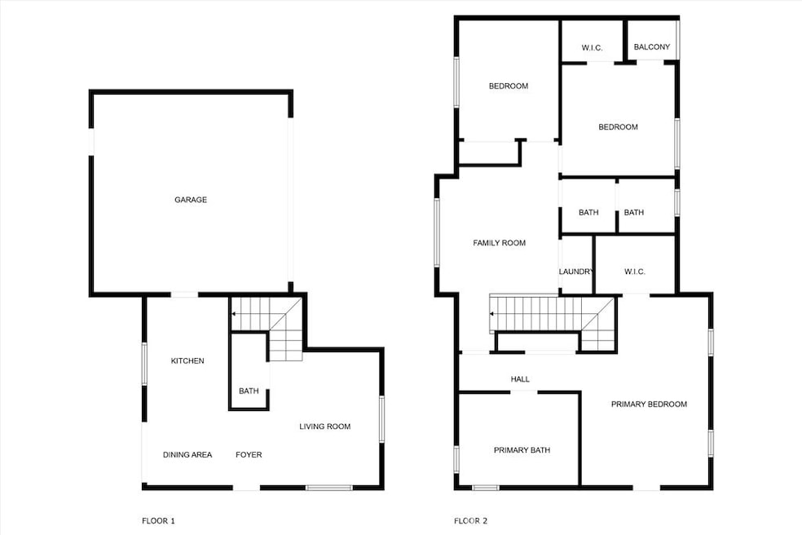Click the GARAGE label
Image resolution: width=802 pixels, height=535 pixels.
tap(191, 200)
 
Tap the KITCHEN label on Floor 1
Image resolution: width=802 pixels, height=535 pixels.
tap(187, 361)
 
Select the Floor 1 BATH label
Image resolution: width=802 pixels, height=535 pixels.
tap(249, 391)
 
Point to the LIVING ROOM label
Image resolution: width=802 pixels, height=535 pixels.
tap(324, 427)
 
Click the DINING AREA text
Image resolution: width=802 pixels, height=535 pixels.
tap(187, 455)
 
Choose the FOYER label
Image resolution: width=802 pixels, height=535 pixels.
tap(249, 455)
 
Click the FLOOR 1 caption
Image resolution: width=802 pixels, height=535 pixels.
tap(158, 520)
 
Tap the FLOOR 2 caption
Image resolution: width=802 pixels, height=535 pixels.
tap(470, 520)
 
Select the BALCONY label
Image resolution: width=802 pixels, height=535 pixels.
tap(652, 47)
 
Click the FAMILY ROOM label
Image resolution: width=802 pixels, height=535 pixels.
tap(500, 243)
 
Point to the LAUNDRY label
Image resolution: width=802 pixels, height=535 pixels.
tap(575, 272)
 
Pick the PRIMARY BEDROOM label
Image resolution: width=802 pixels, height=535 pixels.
tap(649, 405)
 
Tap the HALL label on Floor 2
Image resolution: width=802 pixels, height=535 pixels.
tap(520, 379)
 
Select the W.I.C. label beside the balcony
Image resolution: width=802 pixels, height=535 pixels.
tap(592, 48)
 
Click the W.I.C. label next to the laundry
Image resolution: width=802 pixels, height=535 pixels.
tap(635, 272)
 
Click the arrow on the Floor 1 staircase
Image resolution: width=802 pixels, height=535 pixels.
tap(235, 313)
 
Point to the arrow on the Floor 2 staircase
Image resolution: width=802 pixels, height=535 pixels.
tap(492, 313)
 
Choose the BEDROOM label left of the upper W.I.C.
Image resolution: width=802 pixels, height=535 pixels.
tap(509, 86)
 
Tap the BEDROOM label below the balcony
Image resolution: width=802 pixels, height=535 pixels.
tap(618, 127)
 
